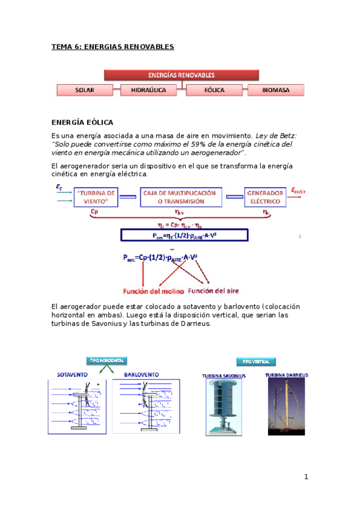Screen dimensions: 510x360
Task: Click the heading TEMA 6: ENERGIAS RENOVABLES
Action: point(112,46)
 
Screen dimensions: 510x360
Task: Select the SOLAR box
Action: point(85,90)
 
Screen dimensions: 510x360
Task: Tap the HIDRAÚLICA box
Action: point(148,90)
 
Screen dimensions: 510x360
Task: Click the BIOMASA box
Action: point(276,90)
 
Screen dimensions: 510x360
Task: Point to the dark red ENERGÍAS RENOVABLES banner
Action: point(182,75)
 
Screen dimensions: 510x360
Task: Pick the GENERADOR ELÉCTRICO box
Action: point(265,197)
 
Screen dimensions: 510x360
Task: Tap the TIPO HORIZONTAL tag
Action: point(107,360)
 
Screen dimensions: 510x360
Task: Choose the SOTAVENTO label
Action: point(72,374)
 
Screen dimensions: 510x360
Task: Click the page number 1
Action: point(305,477)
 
